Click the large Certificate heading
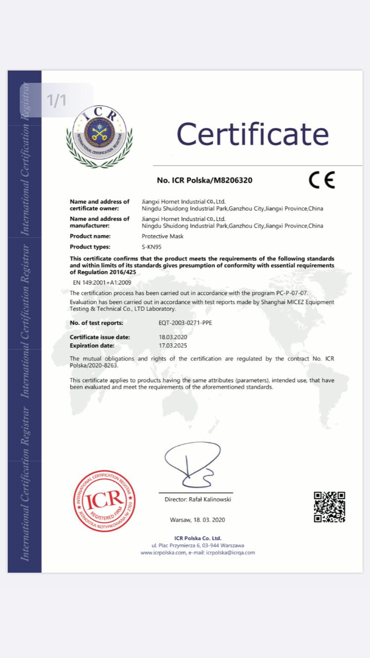[x=253, y=134]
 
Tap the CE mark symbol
[x=322, y=180]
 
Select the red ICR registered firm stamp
[x=105, y=502]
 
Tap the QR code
[x=330, y=507]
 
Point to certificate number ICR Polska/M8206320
[x=204, y=180]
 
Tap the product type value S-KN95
[x=151, y=247]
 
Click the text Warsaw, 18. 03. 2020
[x=197, y=520]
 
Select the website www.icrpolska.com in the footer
[x=163, y=552]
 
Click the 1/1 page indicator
[x=56, y=100]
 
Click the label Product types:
[x=90, y=247]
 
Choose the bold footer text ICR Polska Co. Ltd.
[x=198, y=538]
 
